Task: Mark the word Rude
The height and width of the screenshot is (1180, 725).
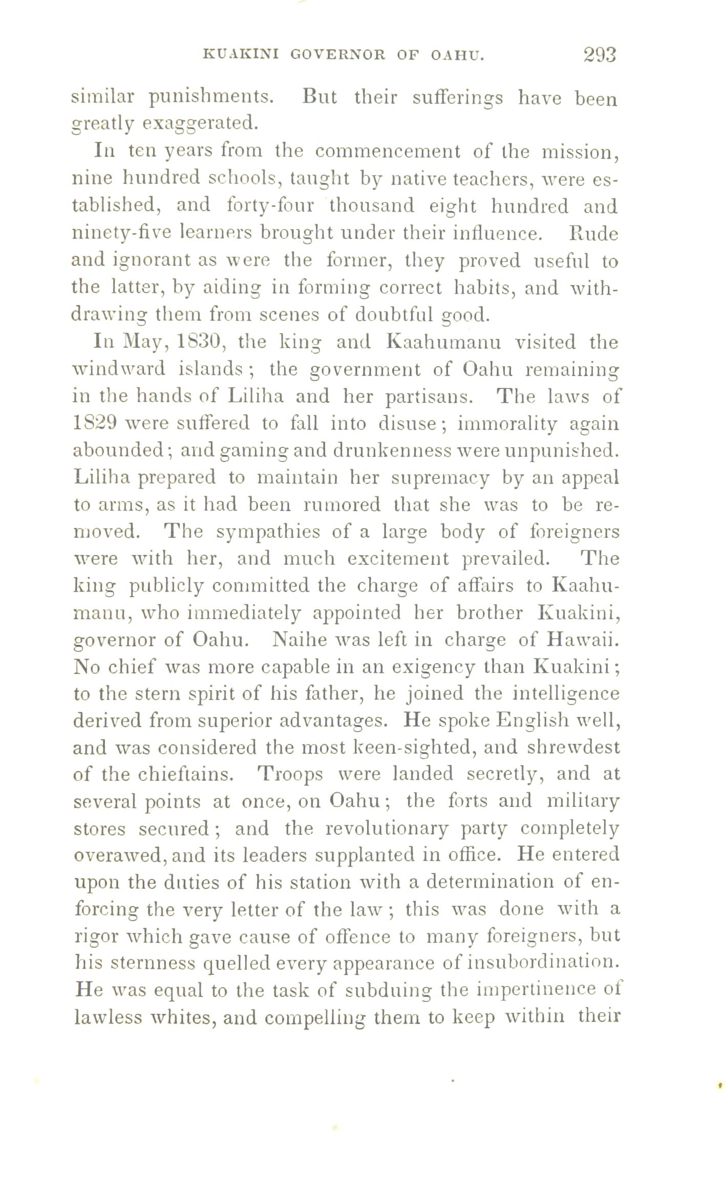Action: tap(594, 233)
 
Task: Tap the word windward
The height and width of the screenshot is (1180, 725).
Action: tap(119, 369)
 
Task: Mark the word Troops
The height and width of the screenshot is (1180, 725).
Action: tap(290, 774)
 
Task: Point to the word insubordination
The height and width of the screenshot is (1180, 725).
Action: tap(540, 963)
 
